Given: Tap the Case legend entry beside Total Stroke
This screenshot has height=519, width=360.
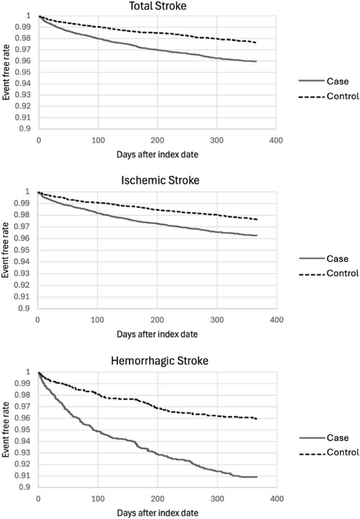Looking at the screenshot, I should tap(337, 81).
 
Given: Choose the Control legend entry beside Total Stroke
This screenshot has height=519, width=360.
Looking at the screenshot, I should tap(342, 96).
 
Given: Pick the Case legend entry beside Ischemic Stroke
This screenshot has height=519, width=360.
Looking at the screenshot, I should tap(337, 258).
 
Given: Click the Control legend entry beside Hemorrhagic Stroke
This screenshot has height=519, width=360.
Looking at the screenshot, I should tap(342, 452).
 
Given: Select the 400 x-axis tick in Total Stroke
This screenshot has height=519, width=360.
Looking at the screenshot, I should tap(276, 140).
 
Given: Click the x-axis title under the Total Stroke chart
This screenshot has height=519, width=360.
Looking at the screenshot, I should tap(157, 155).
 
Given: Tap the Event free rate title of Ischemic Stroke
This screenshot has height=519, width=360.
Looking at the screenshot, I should tap(6, 250).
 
